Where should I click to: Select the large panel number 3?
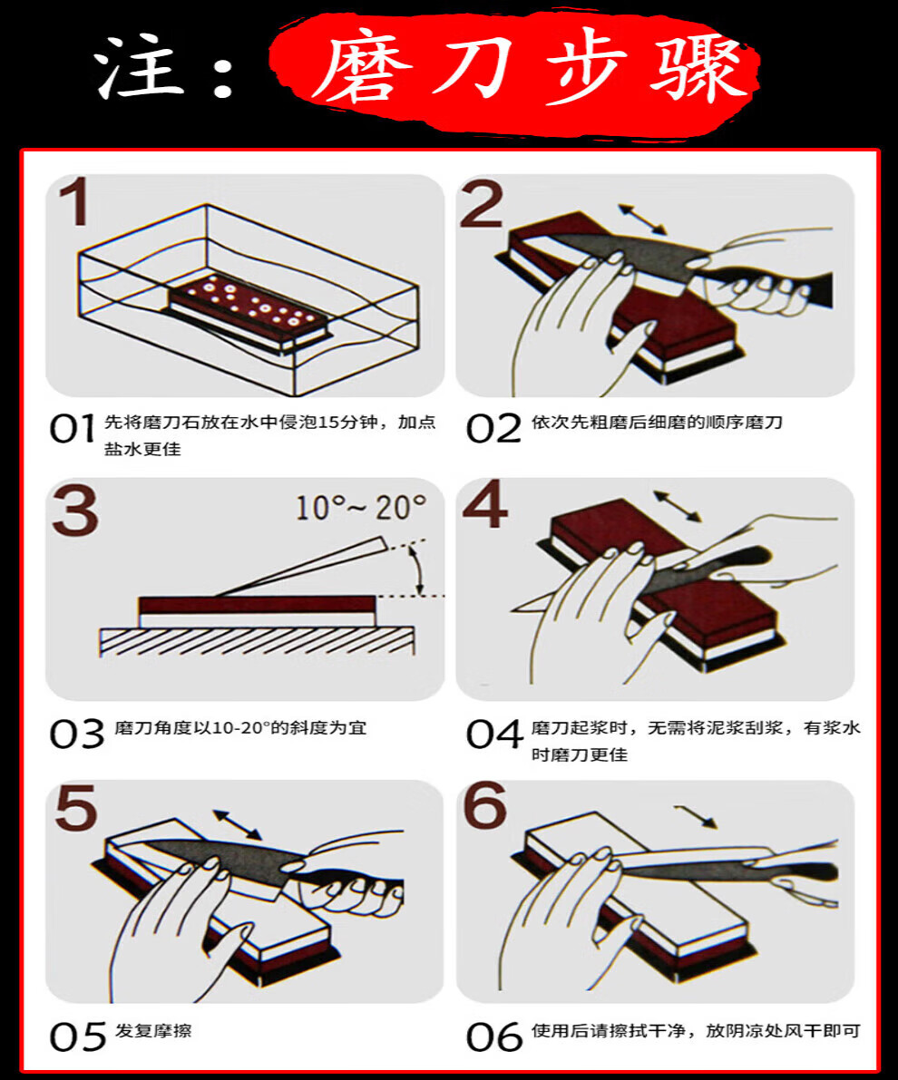coord(74,510)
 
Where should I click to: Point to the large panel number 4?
coord(484,505)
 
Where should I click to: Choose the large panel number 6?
coord(485,807)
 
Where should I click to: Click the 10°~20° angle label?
coord(361,507)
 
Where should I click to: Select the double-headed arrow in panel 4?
coord(677,506)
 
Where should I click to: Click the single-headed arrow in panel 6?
coord(696,815)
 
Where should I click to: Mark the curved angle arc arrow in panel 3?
coord(418,569)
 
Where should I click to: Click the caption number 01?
coord(72,428)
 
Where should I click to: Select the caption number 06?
coord(494,1036)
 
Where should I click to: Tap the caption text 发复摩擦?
coord(153,1031)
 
